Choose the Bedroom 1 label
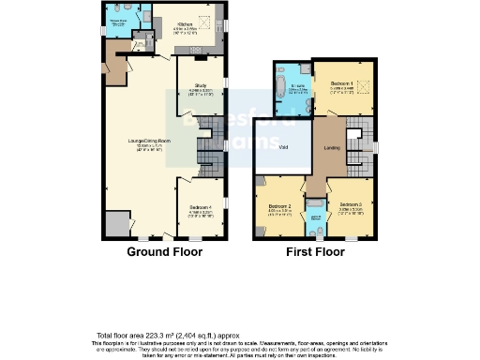tap(341, 84)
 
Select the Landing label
tap(331, 145)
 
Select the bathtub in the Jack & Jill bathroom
tap(317, 224)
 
